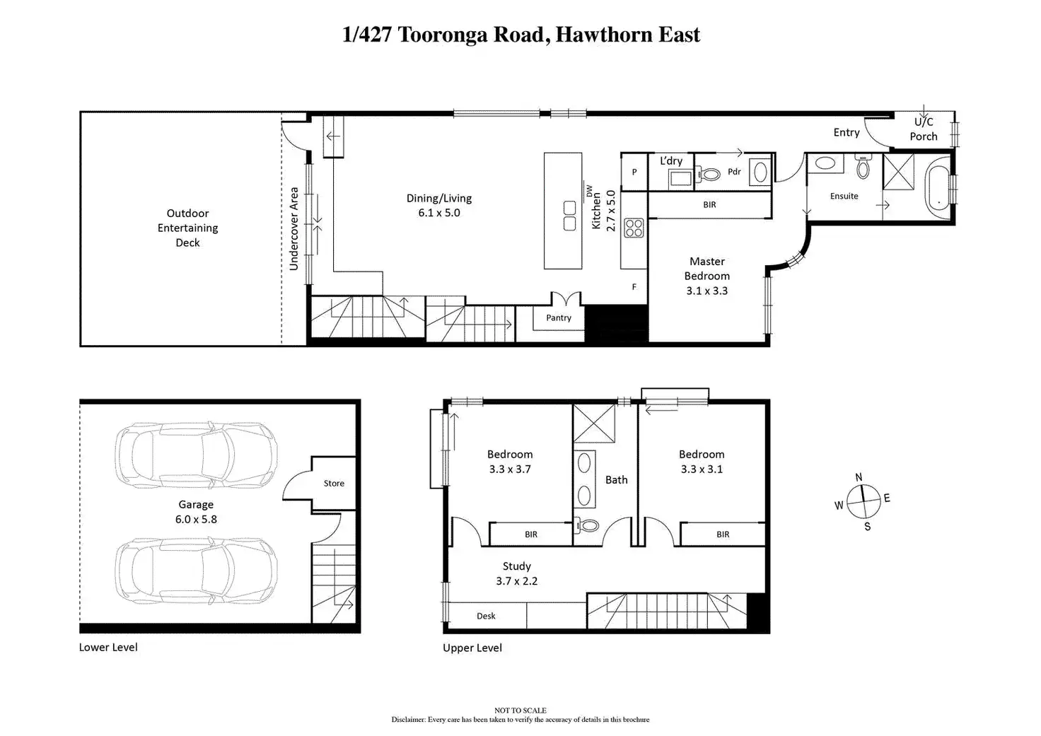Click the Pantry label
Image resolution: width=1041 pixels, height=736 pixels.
click(x=558, y=318)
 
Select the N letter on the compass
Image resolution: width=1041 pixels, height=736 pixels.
click(x=859, y=477)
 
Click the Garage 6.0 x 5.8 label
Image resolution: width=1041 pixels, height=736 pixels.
click(x=196, y=512)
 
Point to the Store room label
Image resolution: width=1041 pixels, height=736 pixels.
click(x=334, y=484)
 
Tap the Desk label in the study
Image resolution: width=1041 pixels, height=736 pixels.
click(x=486, y=617)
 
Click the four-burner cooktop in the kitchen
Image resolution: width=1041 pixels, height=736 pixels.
click(x=634, y=228)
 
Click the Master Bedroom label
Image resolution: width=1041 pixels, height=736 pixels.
click(x=706, y=276)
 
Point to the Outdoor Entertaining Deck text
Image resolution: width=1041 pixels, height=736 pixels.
click(x=187, y=228)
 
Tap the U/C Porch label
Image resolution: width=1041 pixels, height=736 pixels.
click(x=924, y=129)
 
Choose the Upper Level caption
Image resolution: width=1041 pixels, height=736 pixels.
click(x=472, y=648)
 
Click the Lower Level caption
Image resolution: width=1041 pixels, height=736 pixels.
click(x=108, y=648)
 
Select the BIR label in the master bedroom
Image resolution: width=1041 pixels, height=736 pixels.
click(x=709, y=205)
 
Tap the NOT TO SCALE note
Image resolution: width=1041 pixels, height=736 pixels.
click(x=520, y=711)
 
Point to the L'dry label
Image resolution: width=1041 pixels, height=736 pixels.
click(x=671, y=161)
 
